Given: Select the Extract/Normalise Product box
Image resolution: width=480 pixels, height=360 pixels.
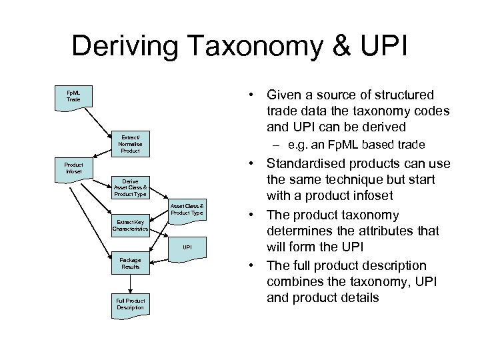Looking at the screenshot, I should point(130,143).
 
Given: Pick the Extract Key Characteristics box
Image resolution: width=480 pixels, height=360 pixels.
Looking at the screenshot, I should point(130,225).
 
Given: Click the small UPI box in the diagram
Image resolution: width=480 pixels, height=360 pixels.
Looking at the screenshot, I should point(187,247).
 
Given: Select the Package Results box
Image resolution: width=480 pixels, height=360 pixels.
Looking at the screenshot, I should point(130,263).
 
